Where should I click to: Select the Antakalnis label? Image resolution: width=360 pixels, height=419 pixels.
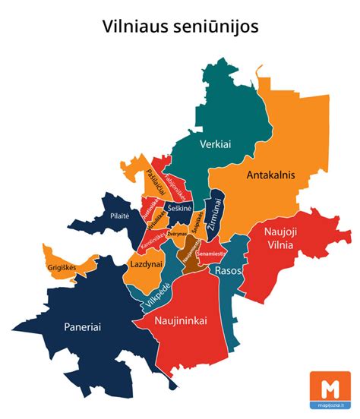tap(270, 175)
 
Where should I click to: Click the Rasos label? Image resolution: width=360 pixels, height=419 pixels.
tap(228, 269)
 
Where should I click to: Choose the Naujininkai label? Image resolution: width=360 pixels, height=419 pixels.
tap(181, 321)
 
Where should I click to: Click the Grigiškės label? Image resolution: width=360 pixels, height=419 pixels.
tap(66, 267)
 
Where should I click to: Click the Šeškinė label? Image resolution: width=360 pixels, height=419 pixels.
tap(180, 207)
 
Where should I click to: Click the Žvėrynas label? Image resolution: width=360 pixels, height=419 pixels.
tap(177, 234)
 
